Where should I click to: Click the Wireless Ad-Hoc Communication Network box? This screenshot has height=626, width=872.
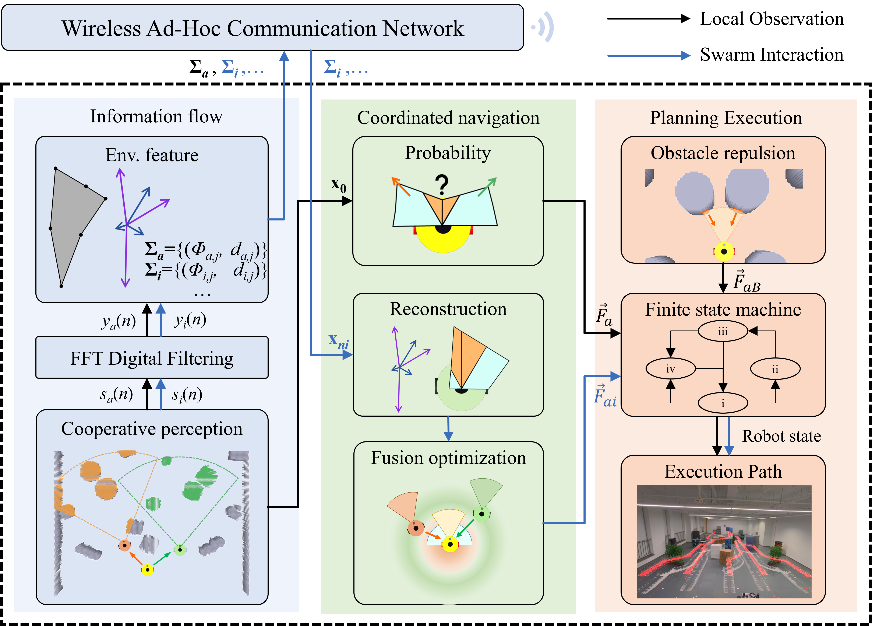click(263, 28)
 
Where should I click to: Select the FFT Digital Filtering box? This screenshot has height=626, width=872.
click(152, 358)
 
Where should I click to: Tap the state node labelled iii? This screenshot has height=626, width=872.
click(723, 331)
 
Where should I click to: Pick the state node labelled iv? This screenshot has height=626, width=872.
click(671, 369)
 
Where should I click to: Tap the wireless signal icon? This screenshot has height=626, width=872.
click(543, 27)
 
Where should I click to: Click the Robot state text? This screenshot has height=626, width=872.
click(781, 436)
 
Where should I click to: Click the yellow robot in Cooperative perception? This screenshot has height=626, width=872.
click(147, 569)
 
